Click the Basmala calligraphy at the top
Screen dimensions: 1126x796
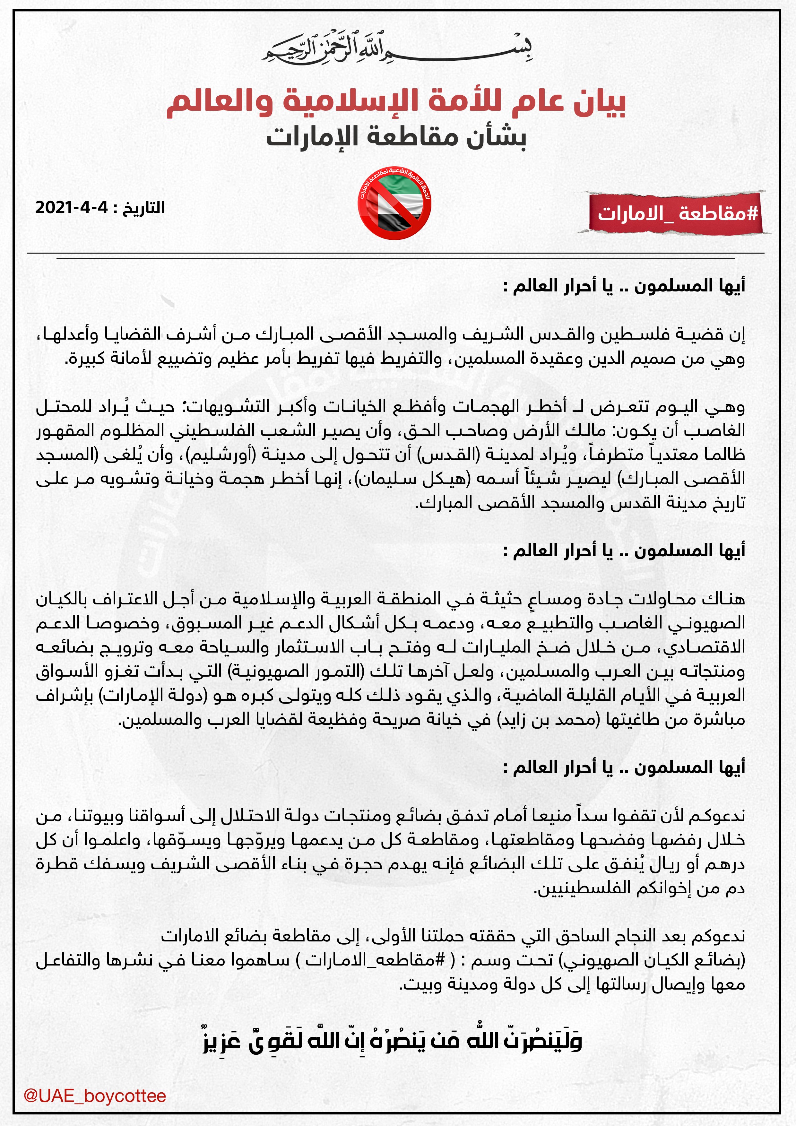pos(397,49)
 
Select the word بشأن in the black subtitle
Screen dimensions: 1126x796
pos(495,137)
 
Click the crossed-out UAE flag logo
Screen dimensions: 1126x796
pos(394,203)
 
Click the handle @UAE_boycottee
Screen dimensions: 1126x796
pos(95,1096)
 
